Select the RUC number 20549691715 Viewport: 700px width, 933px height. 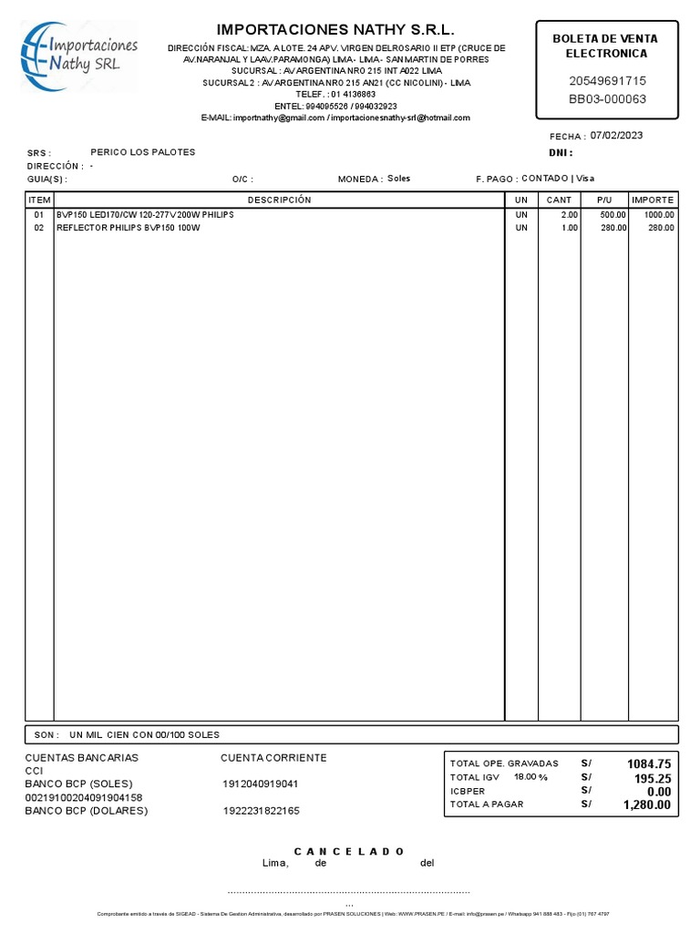pyautogui.click(x=607, y=81)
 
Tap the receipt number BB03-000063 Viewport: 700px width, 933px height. pyautogui.click(x=607, y=99)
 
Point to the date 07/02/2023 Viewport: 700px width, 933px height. pyautogui.click(x=616, y=136)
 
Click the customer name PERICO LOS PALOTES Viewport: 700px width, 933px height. pyautogui.click(x=142, y=152)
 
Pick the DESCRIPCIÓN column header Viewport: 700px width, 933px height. pyautogui.click(x=279, y=200)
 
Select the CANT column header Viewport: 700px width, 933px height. pyautogui.click(x=559, y=200)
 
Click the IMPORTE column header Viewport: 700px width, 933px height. pyautogui.click(x=653, y=200)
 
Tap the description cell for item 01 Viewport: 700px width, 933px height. pyautogui.click(x=145, y=214)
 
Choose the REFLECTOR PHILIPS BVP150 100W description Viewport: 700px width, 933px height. pyautogui.click(x=128, y=228)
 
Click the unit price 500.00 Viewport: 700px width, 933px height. pyautogui.click(x=612, y=214)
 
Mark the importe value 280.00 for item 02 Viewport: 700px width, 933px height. pyautogui.click(x=661, y=228)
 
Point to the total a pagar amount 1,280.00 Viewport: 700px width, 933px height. pyautogui.click(x=648, y=805)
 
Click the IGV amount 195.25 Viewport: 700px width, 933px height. pyautogui.click(x=653, y=778)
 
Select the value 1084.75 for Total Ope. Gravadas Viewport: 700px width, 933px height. pyautogui.click(x=649, y=764)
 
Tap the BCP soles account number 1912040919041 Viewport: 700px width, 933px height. pyautogui.click(x=260, y=784)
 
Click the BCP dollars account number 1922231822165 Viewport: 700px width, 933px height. pyautogui.click(x=260, y=811)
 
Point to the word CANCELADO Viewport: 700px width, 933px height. pyautogui.click(x=349, y=851)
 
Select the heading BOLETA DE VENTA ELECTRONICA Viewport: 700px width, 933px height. pyautogui.click(x=606, y=46)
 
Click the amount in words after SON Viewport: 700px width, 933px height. pyautogui.click(x=144, y=734)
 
